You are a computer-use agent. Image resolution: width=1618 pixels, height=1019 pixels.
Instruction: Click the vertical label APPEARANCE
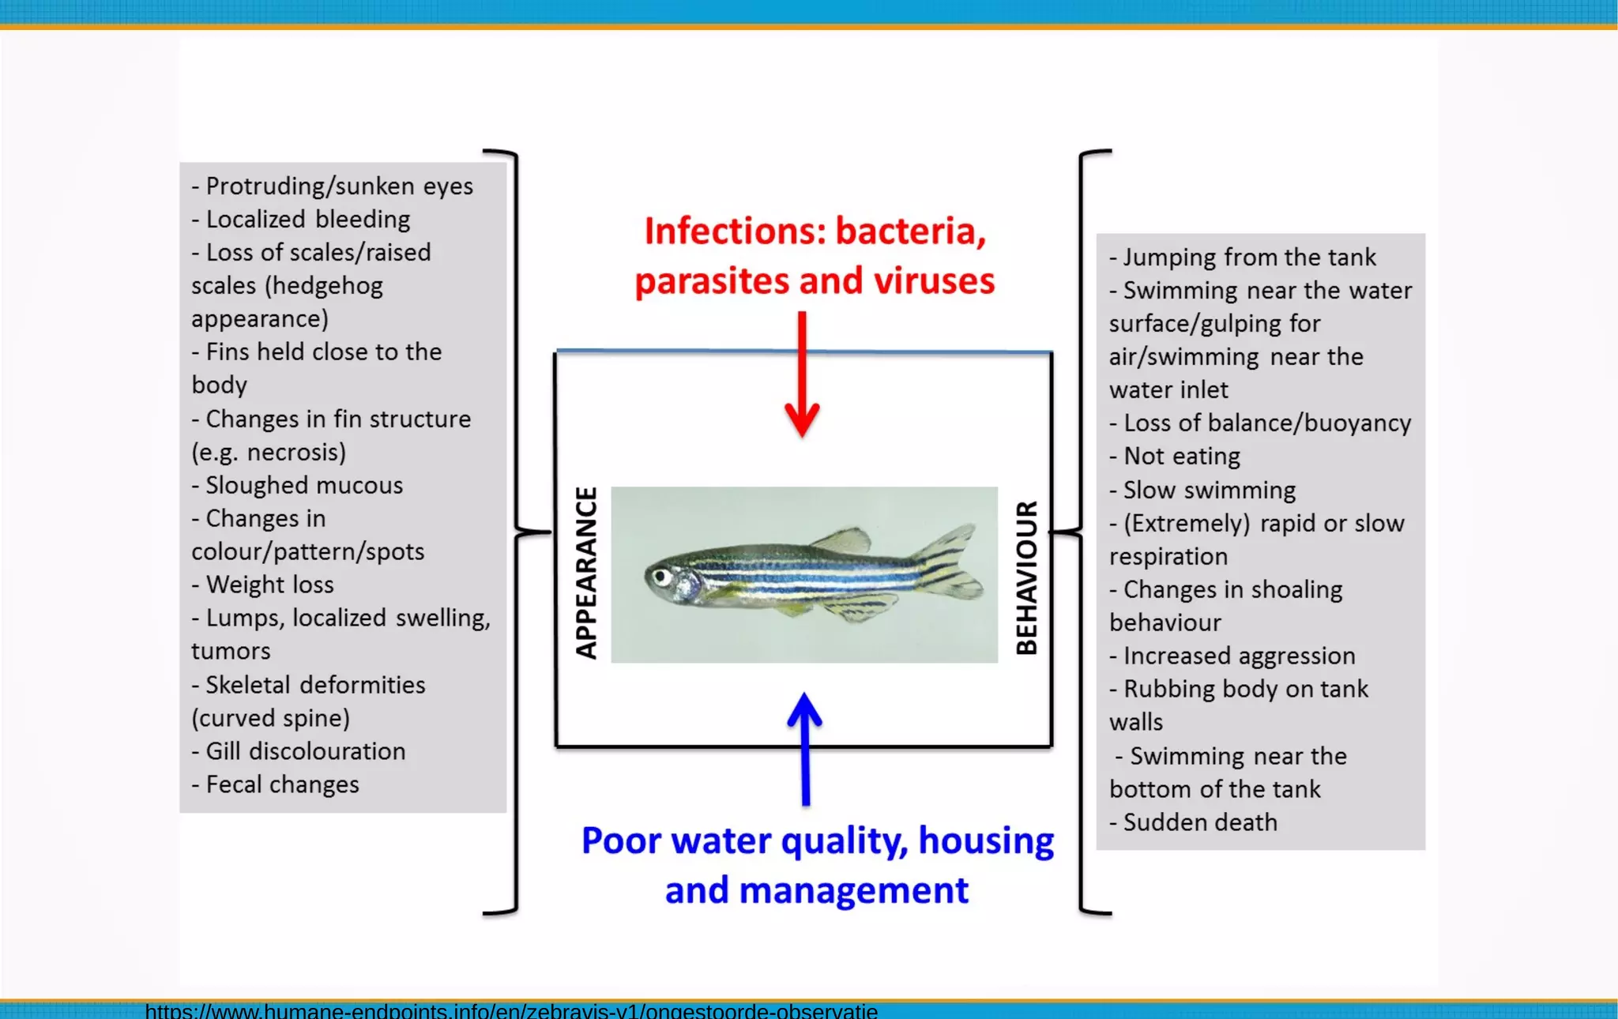(x=586, y=573)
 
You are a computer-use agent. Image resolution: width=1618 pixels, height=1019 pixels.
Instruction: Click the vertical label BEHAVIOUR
(x=1026, y=577)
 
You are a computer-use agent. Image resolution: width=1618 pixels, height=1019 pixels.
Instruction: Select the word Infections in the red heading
(x=734, y=231)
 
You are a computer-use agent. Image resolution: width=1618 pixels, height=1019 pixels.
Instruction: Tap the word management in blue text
(x=852, y=890)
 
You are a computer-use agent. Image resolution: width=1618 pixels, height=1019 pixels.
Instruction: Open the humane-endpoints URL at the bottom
(x=511, y=1010)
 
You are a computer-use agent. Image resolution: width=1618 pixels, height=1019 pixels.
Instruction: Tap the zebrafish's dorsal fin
(x=842, y=541)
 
